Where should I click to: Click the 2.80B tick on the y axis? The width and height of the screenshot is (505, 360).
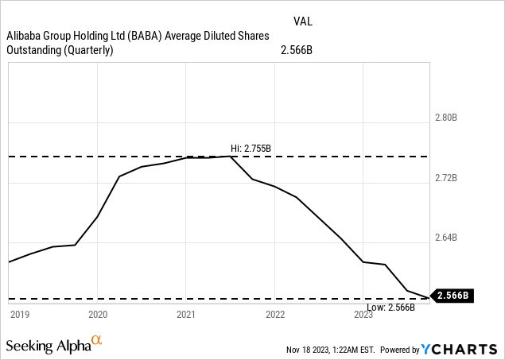click(445, 118)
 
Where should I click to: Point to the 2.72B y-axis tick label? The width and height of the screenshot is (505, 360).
click(445, 178)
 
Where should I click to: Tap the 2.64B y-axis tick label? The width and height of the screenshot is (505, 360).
click(445, 238)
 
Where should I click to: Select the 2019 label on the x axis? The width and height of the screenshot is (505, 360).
click(19, 315)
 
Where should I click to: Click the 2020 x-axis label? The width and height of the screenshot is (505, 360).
click(98, 315)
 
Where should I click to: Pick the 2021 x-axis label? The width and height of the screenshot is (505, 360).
click(186, 315)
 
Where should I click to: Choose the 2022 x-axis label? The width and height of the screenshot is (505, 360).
click(275, 315)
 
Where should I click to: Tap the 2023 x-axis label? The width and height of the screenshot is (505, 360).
click(363, 315)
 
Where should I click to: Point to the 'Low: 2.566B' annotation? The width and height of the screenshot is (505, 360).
click(390, 307)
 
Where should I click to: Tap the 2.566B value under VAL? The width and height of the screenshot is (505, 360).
click(297, 50)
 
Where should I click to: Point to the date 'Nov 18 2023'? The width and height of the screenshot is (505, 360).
click(310, 350)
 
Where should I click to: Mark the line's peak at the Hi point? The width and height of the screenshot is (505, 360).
click(231, 157)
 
